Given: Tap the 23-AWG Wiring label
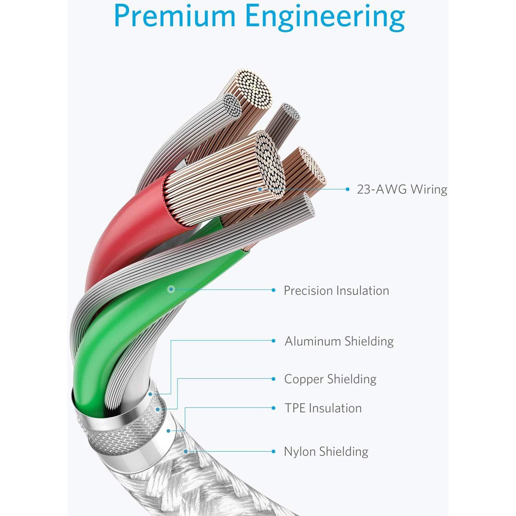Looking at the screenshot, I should [402, 189].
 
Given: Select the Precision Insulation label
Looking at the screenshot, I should [336, 291].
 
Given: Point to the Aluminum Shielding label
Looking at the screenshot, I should [339, 341].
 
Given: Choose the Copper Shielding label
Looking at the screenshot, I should [330, 379].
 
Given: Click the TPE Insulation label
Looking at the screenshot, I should [323, 408].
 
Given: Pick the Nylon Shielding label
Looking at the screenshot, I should [326, 452].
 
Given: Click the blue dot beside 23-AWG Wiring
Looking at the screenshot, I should [348, 189].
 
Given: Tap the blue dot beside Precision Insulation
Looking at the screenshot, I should [273, 290].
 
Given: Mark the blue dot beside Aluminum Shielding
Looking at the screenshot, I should [273, 341].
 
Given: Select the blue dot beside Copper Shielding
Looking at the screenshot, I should [273, 379].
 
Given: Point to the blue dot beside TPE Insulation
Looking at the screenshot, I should [273, 408].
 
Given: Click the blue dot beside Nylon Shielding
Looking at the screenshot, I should [273, 452].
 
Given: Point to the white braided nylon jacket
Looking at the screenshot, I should [151, 482].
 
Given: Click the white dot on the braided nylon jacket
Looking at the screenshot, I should [186, 451].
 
